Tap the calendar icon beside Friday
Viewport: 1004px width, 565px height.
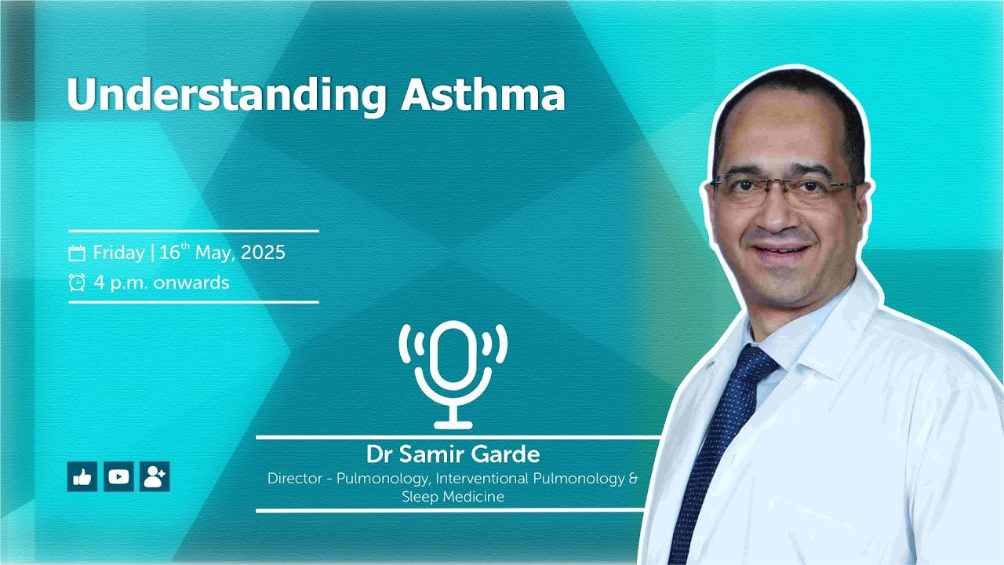coord(77,253)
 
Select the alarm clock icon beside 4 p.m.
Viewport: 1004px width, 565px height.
coord(77,282)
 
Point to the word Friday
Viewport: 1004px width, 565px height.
coord(118,253)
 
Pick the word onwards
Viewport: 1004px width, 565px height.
coord(191,282)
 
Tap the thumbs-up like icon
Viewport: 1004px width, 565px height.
coord(82,476)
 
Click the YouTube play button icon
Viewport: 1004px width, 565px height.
coord(118,476)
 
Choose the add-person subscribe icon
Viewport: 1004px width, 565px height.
coord(155,476)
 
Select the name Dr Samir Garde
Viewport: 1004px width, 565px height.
coord(453,454)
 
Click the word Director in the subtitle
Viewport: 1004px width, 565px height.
coord(294,478)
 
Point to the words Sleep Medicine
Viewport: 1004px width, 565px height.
coord(453,497)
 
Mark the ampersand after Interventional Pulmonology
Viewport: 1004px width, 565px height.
coord(633,478)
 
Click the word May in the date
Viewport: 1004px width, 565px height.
coord(213,253)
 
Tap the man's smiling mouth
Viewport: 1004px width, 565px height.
coord(780,251)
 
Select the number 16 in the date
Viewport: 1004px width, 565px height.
coord(169,253)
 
